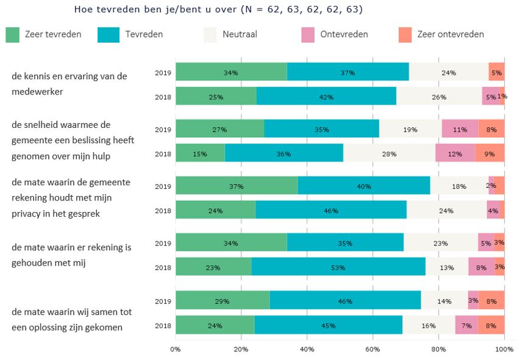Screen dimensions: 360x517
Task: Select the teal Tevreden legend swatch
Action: tap(108, 35)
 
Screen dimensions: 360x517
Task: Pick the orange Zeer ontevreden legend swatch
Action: tap(405, 35)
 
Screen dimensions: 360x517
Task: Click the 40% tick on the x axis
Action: tap(307, 349)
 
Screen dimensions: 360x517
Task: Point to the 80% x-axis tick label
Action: tap(438, 349)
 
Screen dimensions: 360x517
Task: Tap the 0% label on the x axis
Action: tap(176, 349)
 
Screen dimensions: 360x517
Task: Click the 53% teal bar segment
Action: tap(338, 267)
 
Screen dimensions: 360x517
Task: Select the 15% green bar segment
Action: tap(200, 154)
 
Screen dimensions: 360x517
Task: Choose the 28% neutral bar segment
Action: tap(389, 154)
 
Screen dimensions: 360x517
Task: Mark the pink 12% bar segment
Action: tap(455, 154)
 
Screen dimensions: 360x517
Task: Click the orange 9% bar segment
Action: tap(490, 154)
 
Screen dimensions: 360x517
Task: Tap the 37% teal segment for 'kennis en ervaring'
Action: tap(348, 72)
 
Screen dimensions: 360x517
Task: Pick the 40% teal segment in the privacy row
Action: tap(363, 186)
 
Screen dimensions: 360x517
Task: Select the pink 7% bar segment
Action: tap(466, 325)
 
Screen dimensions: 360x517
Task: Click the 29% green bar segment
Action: tap(223, 301)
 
